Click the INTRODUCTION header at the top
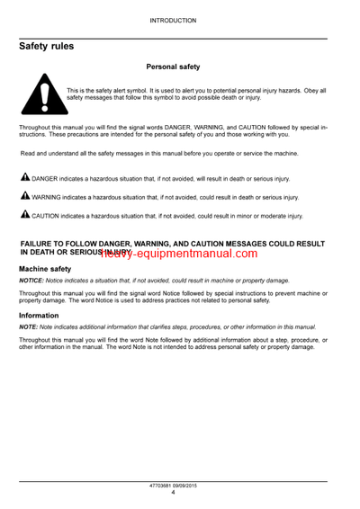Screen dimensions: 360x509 click(x=179, y=18)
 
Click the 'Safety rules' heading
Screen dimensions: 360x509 click(x=49, y=46)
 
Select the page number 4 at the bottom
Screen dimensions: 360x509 click(x=179, y=494)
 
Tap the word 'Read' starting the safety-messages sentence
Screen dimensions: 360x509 click(x=30, y=154)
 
